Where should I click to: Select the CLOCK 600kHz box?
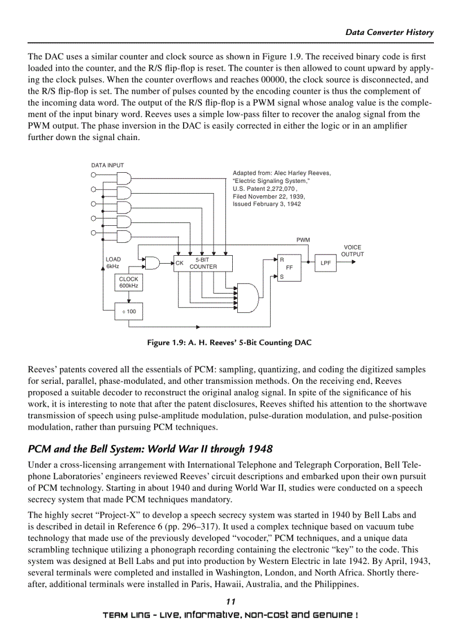coord(128,282)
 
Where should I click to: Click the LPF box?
coord(326,263)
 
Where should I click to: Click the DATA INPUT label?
coord(107,165)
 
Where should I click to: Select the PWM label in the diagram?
coord(303,240)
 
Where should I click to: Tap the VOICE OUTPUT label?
coord(352,251)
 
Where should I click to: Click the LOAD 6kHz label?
coord(113,263)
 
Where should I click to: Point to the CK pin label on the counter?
coord(179,263)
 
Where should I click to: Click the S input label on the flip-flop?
coord(281,277)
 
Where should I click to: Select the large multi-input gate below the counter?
coord(249,298)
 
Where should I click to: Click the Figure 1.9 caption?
coord(229,343)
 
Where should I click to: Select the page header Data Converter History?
coord(389,32)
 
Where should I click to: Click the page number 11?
coord(230,602)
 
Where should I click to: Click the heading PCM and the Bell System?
coord(150,449)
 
